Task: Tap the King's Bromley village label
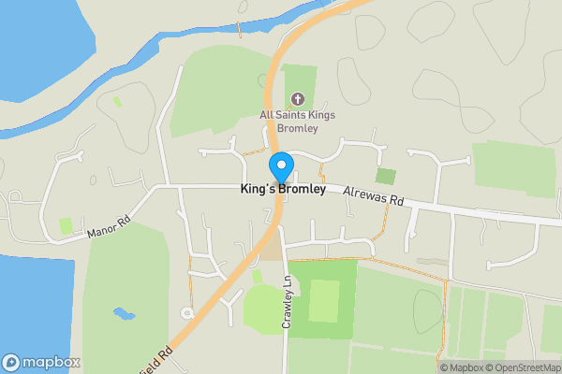(283, 189)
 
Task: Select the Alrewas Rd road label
(373, 194)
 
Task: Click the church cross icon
(298, 99)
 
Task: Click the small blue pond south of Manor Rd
(123, 313)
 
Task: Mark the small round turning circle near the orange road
(187, 313)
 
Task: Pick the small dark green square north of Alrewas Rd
(385, 176)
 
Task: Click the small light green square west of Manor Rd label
(67, 225)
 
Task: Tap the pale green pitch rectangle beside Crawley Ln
(323, 299)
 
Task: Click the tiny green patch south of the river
(117, 101)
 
